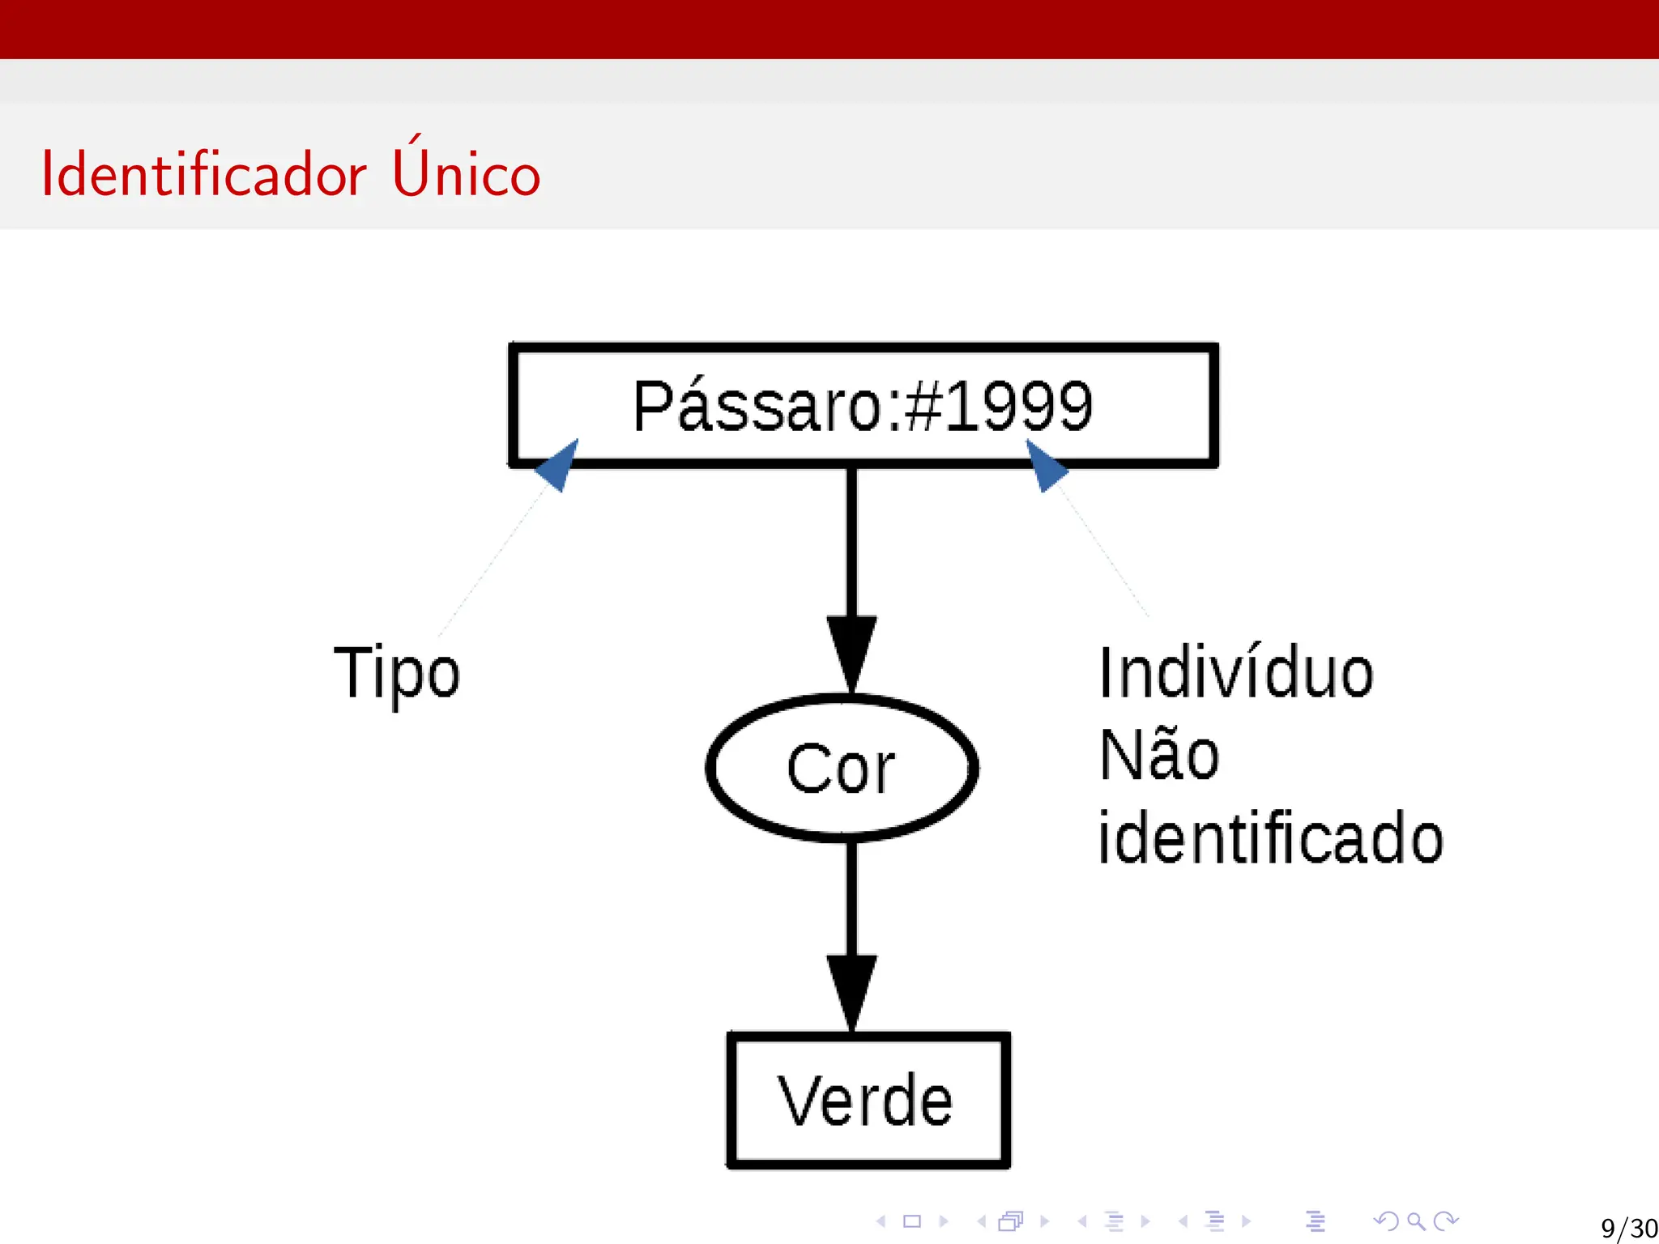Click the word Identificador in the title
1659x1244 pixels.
pyautogui.click(x=203, y=174)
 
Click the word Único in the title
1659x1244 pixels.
pyautogui.click(x=466, y=171)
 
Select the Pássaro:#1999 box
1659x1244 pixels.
pyautogui.click(x=864, y=405)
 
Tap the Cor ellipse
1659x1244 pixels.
pyautogui.click(x=842, y=768)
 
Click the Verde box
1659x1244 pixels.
pyautogui.click(x=868, y=1100)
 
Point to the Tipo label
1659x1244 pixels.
pyautogui.click(x=397, y=674)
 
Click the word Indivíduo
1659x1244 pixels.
pyautogui.click(x=1236, y=673)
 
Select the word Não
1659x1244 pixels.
pyautogui.click(x=1159, y=755)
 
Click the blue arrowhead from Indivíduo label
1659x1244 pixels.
pyautogui.click(x=1046, y=466)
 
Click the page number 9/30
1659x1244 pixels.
pyautogui.click(x=1628, y=1228)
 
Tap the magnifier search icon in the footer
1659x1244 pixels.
pyautogui.click(x=1416, y=1221)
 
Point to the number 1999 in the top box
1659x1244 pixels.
pyautogui.click(x=1019, y=406)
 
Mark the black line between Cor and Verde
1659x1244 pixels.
pyautogui.click(x=851, y=899)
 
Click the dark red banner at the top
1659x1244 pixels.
pyautogui.click(x=829, y=29)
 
